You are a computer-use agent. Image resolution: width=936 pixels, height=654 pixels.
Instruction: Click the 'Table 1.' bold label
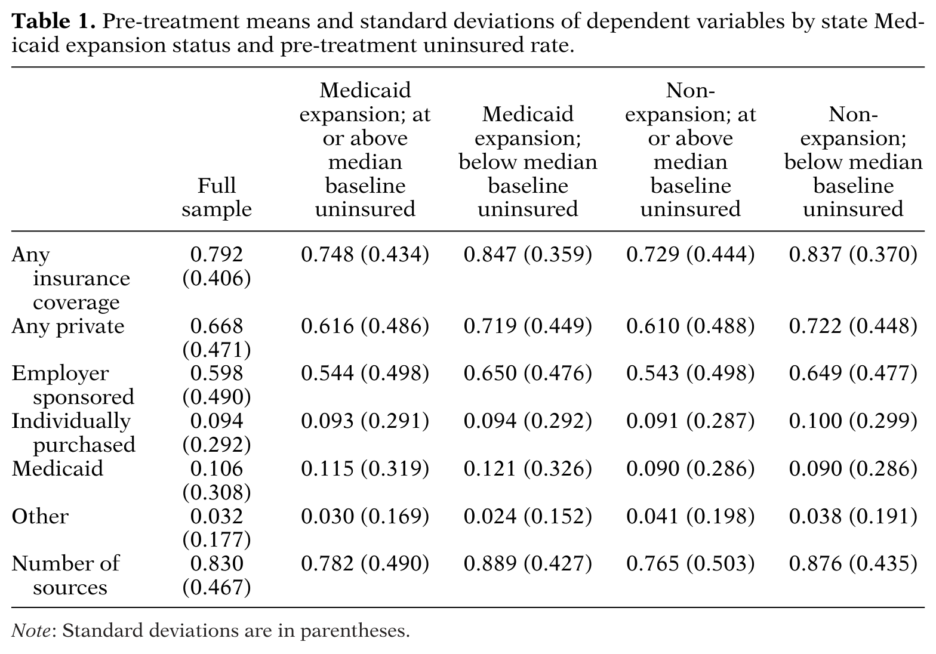click(x=54, y=21)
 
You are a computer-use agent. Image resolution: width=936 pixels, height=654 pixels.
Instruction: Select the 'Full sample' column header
click(x=217, y=197)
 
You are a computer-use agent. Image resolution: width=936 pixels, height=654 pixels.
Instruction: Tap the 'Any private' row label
click(x=67, y=326)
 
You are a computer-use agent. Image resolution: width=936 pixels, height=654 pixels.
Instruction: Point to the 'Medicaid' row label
click(x=57, y=468)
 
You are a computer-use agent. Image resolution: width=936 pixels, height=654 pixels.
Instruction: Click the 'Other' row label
click(x=40, y=516)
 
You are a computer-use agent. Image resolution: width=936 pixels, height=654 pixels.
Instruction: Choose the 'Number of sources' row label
click(x=66, y=575)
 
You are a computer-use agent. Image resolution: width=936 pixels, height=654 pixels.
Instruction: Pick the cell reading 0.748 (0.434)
click(x=365, y=254)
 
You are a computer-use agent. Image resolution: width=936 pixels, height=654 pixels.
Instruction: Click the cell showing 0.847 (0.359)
click(x=528, y=254)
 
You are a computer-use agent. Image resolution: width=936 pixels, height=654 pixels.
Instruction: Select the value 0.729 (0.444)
click(x=690, y=254)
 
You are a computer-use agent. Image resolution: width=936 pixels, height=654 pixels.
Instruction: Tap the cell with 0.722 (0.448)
click(x=853, y=326)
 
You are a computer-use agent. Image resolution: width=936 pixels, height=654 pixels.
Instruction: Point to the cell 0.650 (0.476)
click(x=528, y=374)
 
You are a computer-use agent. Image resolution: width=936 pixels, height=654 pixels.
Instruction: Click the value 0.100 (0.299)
click(x=853, y=421)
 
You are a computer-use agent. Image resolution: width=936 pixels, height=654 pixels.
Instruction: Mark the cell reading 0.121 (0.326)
click(x=528, y=468)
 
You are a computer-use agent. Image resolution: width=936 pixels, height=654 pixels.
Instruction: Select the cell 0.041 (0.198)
click(x=690, y=517)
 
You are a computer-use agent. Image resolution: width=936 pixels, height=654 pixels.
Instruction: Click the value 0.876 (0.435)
click(x=853, y=564)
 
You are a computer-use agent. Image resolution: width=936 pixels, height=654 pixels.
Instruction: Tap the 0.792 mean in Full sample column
click(x=217, y=254)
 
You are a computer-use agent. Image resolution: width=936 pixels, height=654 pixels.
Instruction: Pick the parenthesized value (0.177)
click(x=217, y=540)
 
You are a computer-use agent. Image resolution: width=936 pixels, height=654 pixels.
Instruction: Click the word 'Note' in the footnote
click(x=30, y=631)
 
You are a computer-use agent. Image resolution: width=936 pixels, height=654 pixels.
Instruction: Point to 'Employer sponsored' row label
click(x=73, y=385)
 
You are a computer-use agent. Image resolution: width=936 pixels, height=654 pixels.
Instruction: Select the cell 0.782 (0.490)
click(x=365, y=564)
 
